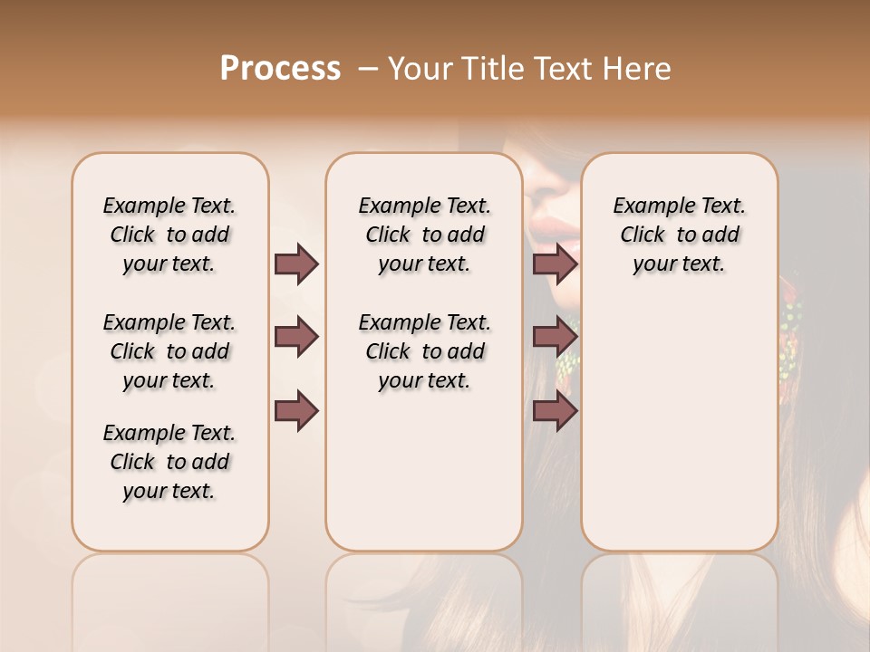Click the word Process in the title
tap(280, 69)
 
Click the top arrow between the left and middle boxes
tap(296, 264)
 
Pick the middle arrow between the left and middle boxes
tap(296, 337)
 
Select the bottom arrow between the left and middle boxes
tap(296, 411)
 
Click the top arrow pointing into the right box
tap(555, 264)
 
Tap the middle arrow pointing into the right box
tap(555, 337)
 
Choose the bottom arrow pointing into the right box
tap(555, 411)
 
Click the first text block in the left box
tap(169, 235)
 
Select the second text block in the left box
tap(169, 351)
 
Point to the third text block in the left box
tap(169, 462)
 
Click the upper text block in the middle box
tap(424, 235)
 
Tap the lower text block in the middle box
tap(424, 351)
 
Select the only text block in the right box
tap(679, 235)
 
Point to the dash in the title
tap(368, 69)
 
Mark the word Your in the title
tap(415, 69)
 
